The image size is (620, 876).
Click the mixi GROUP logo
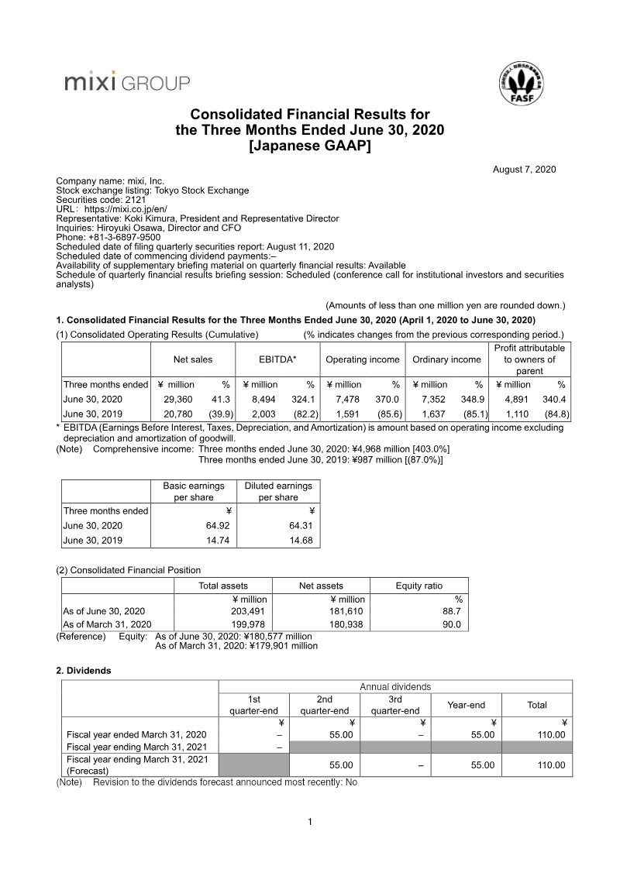point(126,82)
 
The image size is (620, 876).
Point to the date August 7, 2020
point(524,170)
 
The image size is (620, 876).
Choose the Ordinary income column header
point(446,359)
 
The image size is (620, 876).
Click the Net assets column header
point(321,586)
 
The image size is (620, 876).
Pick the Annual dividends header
point(395,686)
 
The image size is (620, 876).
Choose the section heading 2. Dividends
point(84,670)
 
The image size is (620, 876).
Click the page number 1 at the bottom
point(309,822)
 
